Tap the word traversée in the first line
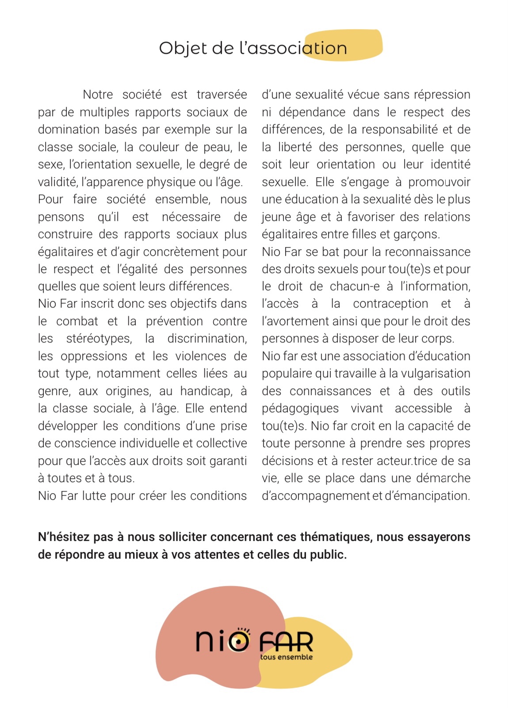[222, 95]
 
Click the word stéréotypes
[99, 339]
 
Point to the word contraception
[390, 304]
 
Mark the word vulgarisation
[435, 373]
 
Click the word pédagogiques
[300, 408]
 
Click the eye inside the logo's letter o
[239, 640]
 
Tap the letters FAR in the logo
[286, 642]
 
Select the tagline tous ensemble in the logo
[286, 657]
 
